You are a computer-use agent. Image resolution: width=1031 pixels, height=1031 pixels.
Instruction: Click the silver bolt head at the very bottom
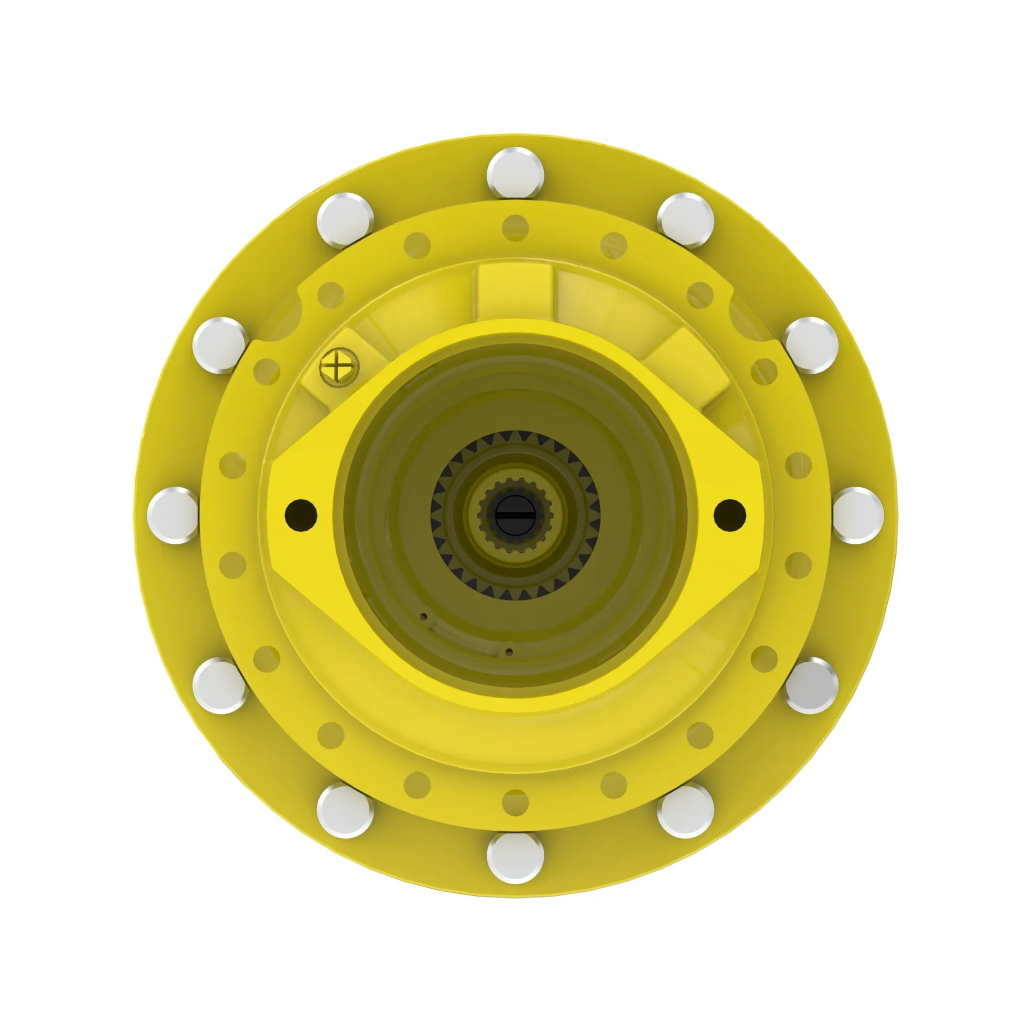[x=515, y=858]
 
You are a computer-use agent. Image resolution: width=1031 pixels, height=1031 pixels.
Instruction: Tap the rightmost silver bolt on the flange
[x=858, y=515]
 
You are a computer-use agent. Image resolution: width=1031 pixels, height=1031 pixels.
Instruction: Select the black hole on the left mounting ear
[x=301, y=515]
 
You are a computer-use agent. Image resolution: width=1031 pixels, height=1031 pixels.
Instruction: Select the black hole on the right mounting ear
[x=730, y=515]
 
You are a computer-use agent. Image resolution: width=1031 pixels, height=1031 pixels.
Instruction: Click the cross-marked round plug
[x=339, y=367]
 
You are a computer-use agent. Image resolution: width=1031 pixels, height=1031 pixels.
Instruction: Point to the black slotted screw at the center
[x=515, y=516]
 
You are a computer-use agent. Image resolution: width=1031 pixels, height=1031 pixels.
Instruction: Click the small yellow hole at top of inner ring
[x=515, y=228]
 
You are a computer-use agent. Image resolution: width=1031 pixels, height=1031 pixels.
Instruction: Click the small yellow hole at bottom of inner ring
[x=515, y=803]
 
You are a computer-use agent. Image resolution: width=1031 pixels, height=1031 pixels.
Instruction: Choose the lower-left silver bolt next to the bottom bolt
[x=345, y=811]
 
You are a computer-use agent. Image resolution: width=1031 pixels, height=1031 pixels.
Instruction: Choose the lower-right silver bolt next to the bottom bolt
[x=686, y=811]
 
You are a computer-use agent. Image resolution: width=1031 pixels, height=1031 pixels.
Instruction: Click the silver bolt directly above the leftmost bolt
[x=220, y=345]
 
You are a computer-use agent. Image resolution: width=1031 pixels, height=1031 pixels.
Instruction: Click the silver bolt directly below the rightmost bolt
[x=811, y=686]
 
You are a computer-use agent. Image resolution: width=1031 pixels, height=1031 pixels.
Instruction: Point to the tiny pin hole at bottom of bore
[x=509, y=652]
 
